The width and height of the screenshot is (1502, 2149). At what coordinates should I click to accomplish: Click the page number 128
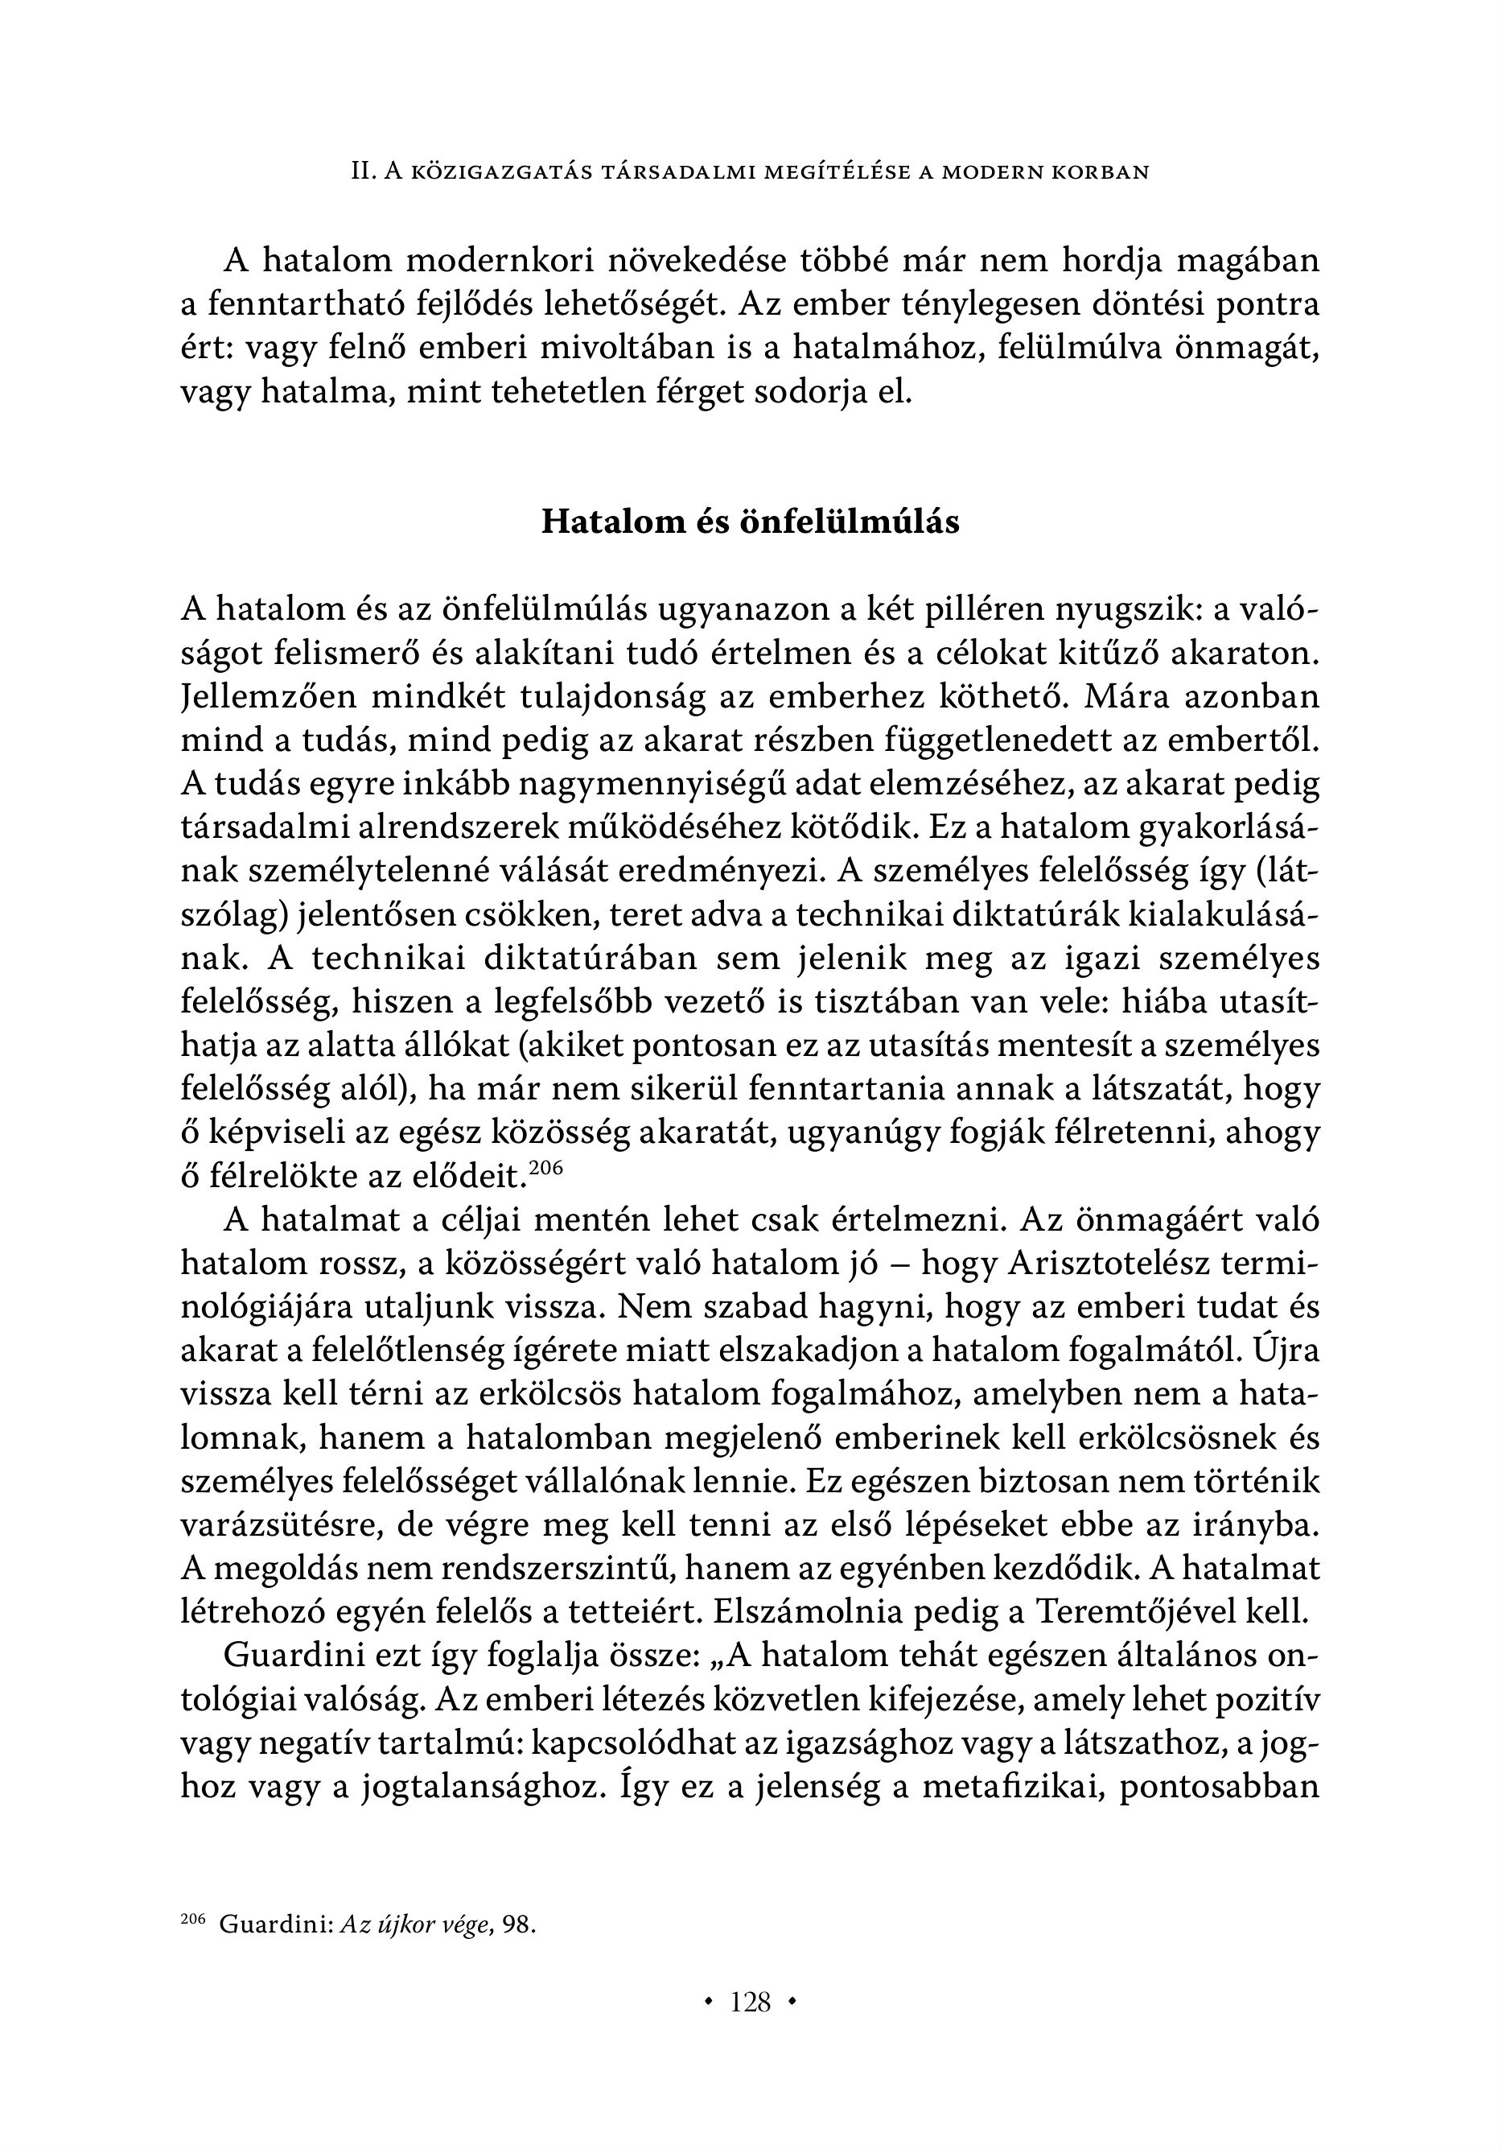[x=751, y=2003]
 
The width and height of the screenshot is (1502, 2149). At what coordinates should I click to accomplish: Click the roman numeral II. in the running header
[x=363, y=172]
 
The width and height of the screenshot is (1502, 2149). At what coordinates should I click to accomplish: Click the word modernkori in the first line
[x=500, y=261]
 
